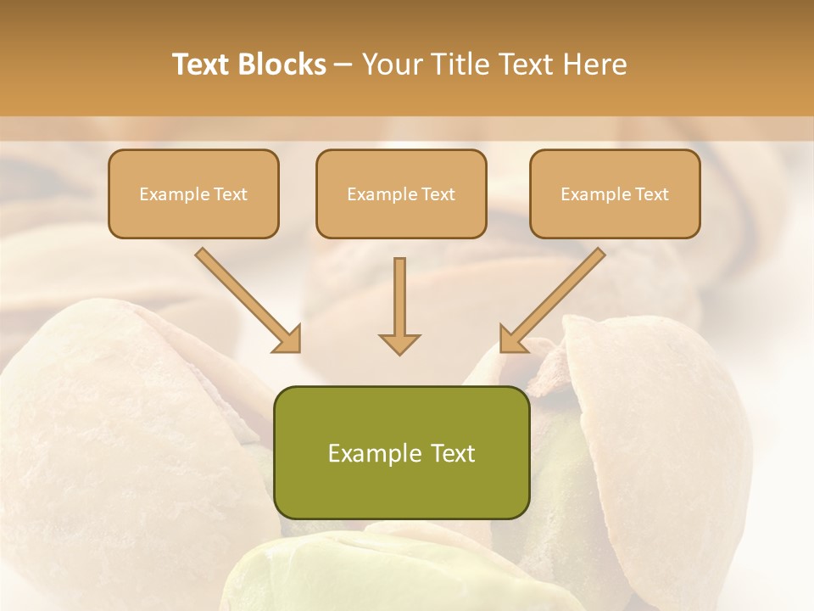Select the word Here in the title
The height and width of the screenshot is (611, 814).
[x=597, y=64]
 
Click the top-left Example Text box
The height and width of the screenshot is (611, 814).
[x=193, y=193]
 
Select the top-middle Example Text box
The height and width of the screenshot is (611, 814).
[x=401, y=193]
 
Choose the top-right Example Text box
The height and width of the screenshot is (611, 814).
[x=615, y=193]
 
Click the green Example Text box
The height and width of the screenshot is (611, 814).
[x=401, y=452]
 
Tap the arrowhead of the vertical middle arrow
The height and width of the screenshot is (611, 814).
[x=399, y=344]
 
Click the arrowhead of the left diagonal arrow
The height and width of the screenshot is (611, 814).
[x=288, y=339]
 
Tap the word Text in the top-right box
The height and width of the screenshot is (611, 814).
[x=651, y=194]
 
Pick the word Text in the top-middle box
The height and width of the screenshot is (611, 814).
[x=438, y=194]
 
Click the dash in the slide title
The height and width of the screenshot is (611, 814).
[x=343, y=64]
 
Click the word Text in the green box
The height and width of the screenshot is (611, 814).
[x=454, y=453]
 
